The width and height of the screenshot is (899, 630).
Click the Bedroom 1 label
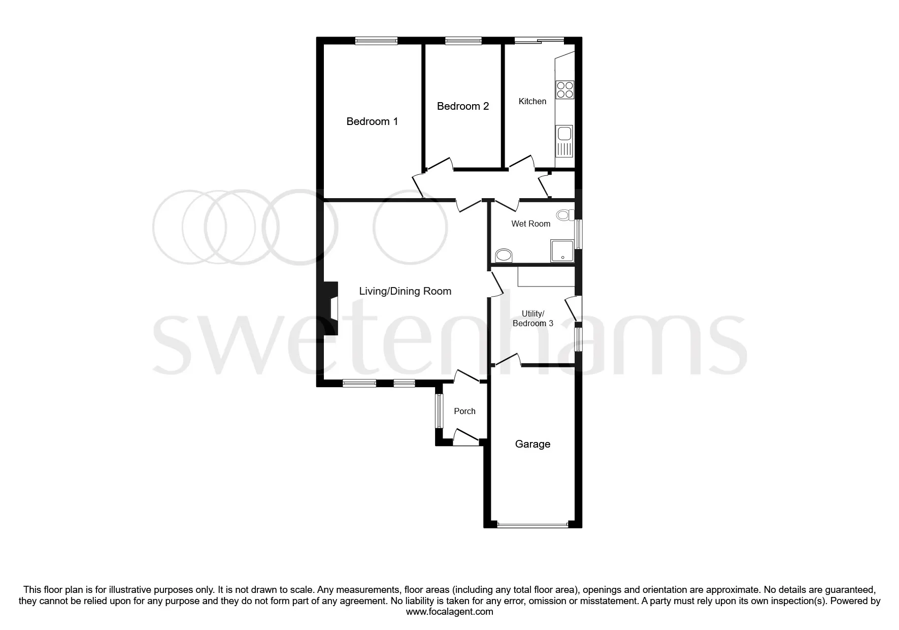click(372, 121)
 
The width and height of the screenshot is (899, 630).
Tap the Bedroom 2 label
click(463, 106)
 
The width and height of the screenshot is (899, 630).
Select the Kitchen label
click(532, 101)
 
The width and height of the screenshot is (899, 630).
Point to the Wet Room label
click(531, 224)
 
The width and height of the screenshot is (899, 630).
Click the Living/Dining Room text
click(405, 291)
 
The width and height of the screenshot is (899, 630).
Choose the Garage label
click(532, 444)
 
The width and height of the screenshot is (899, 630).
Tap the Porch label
click(464, 411)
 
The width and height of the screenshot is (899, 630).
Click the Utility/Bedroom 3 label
click(533, 319)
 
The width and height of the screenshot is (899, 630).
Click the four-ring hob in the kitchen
click(565, 89)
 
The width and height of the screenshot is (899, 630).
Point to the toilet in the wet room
click(563, 215)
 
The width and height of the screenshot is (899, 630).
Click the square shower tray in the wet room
click(562, 251)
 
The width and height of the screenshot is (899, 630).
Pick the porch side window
click(439, 411)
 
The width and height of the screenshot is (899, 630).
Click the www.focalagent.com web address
click(450, 612)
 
